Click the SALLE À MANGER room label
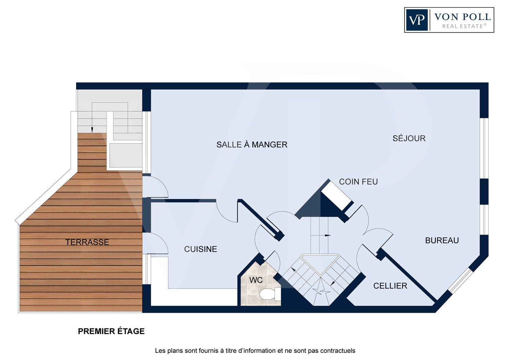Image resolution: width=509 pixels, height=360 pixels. (252, 144)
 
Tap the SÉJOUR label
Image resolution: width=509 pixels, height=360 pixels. (409, 138)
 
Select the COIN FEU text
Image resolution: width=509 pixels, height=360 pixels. (358, 182)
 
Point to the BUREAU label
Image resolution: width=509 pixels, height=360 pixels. (442, 240)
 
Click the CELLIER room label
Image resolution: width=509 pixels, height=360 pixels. (390, 286)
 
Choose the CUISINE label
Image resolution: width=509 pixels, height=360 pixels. (201, 249)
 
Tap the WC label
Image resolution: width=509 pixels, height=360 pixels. (256, 280)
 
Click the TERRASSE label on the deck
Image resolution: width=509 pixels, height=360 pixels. (87, 242)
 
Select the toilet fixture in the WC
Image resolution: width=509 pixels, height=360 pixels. (270, 294)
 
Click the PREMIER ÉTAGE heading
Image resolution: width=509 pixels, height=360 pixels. (111, 331)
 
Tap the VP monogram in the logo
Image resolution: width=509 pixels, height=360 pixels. (417, 20)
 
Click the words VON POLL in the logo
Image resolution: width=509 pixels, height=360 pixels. (463, 17)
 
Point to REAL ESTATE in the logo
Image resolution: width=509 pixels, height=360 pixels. (464, 26)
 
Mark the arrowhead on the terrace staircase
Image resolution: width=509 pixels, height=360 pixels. (92, 130)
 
